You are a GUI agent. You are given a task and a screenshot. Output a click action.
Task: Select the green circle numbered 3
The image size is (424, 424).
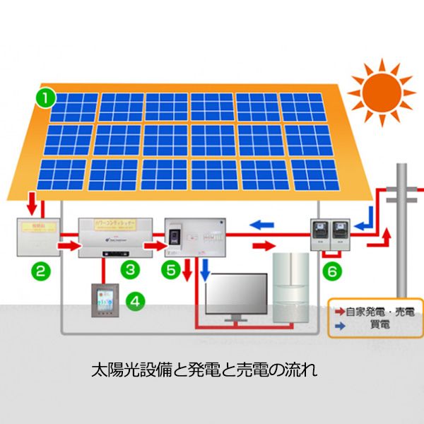point(129,269)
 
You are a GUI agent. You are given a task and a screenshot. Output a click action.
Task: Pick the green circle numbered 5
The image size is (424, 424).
point(170,269)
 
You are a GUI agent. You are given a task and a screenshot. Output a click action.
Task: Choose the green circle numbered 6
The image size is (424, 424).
point(330,271)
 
